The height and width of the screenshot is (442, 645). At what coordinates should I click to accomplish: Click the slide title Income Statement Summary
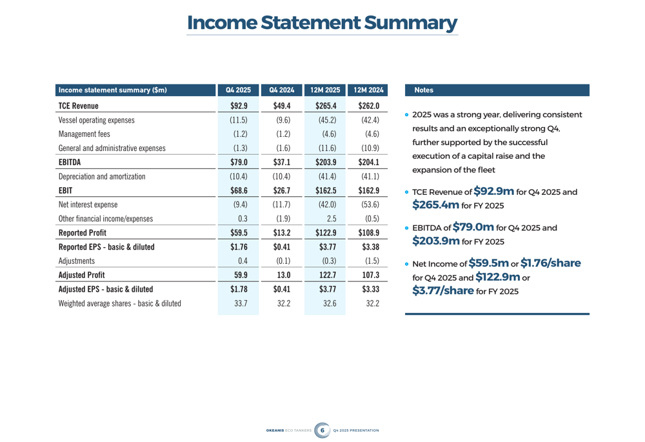[322, 23]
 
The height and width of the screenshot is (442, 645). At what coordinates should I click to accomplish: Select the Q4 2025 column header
[238, 90]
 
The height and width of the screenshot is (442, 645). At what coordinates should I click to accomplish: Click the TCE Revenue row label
[78, 106]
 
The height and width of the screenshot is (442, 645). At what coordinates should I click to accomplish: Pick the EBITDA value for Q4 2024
[283, 162]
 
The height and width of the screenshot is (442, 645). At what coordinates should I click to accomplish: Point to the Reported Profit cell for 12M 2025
[326, 232]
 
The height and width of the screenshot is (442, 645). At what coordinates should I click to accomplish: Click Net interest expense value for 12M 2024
[368, 205]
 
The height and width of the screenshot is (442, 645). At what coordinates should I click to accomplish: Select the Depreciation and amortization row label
[102, 176]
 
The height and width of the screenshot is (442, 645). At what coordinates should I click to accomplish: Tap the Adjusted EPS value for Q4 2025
[239, 289]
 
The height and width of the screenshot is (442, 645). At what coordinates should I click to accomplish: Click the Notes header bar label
[424, 90]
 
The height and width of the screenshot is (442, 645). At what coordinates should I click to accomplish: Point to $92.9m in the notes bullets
[493, 191]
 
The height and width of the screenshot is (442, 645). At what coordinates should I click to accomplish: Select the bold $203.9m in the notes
[435, 241]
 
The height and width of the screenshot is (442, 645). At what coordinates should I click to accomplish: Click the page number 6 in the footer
[322, 430]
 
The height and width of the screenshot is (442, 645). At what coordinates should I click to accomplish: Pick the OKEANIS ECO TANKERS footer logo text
[288, 430]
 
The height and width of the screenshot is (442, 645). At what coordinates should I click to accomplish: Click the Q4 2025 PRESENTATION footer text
[356, 430]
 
